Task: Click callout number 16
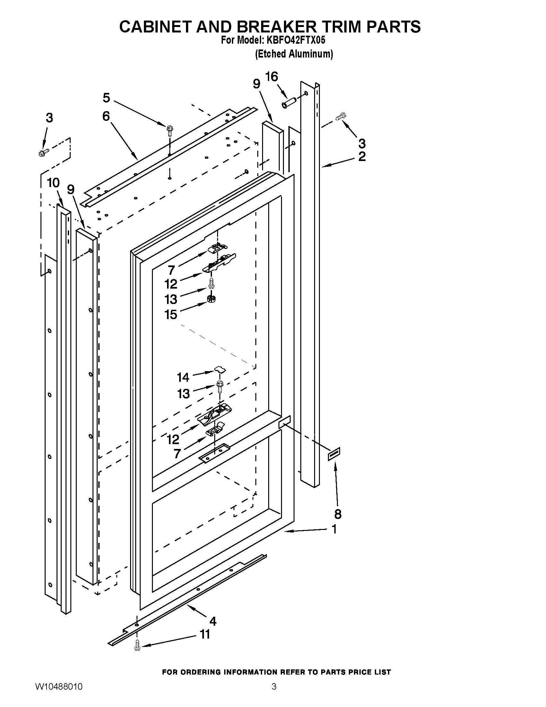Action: tap(272, 77)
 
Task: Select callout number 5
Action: tap(106, 97)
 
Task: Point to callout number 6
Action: tap(106, 116)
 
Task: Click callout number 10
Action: tap(53, 183)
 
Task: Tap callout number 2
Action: tap(362, 157)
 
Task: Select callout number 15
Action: tap(171, 314)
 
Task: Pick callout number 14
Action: tap(183, 377)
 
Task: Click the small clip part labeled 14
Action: tap(220, 369)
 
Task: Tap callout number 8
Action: tap(338, 514)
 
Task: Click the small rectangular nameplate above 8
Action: tap(334, 454)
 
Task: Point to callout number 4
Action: tap(213, 621)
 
